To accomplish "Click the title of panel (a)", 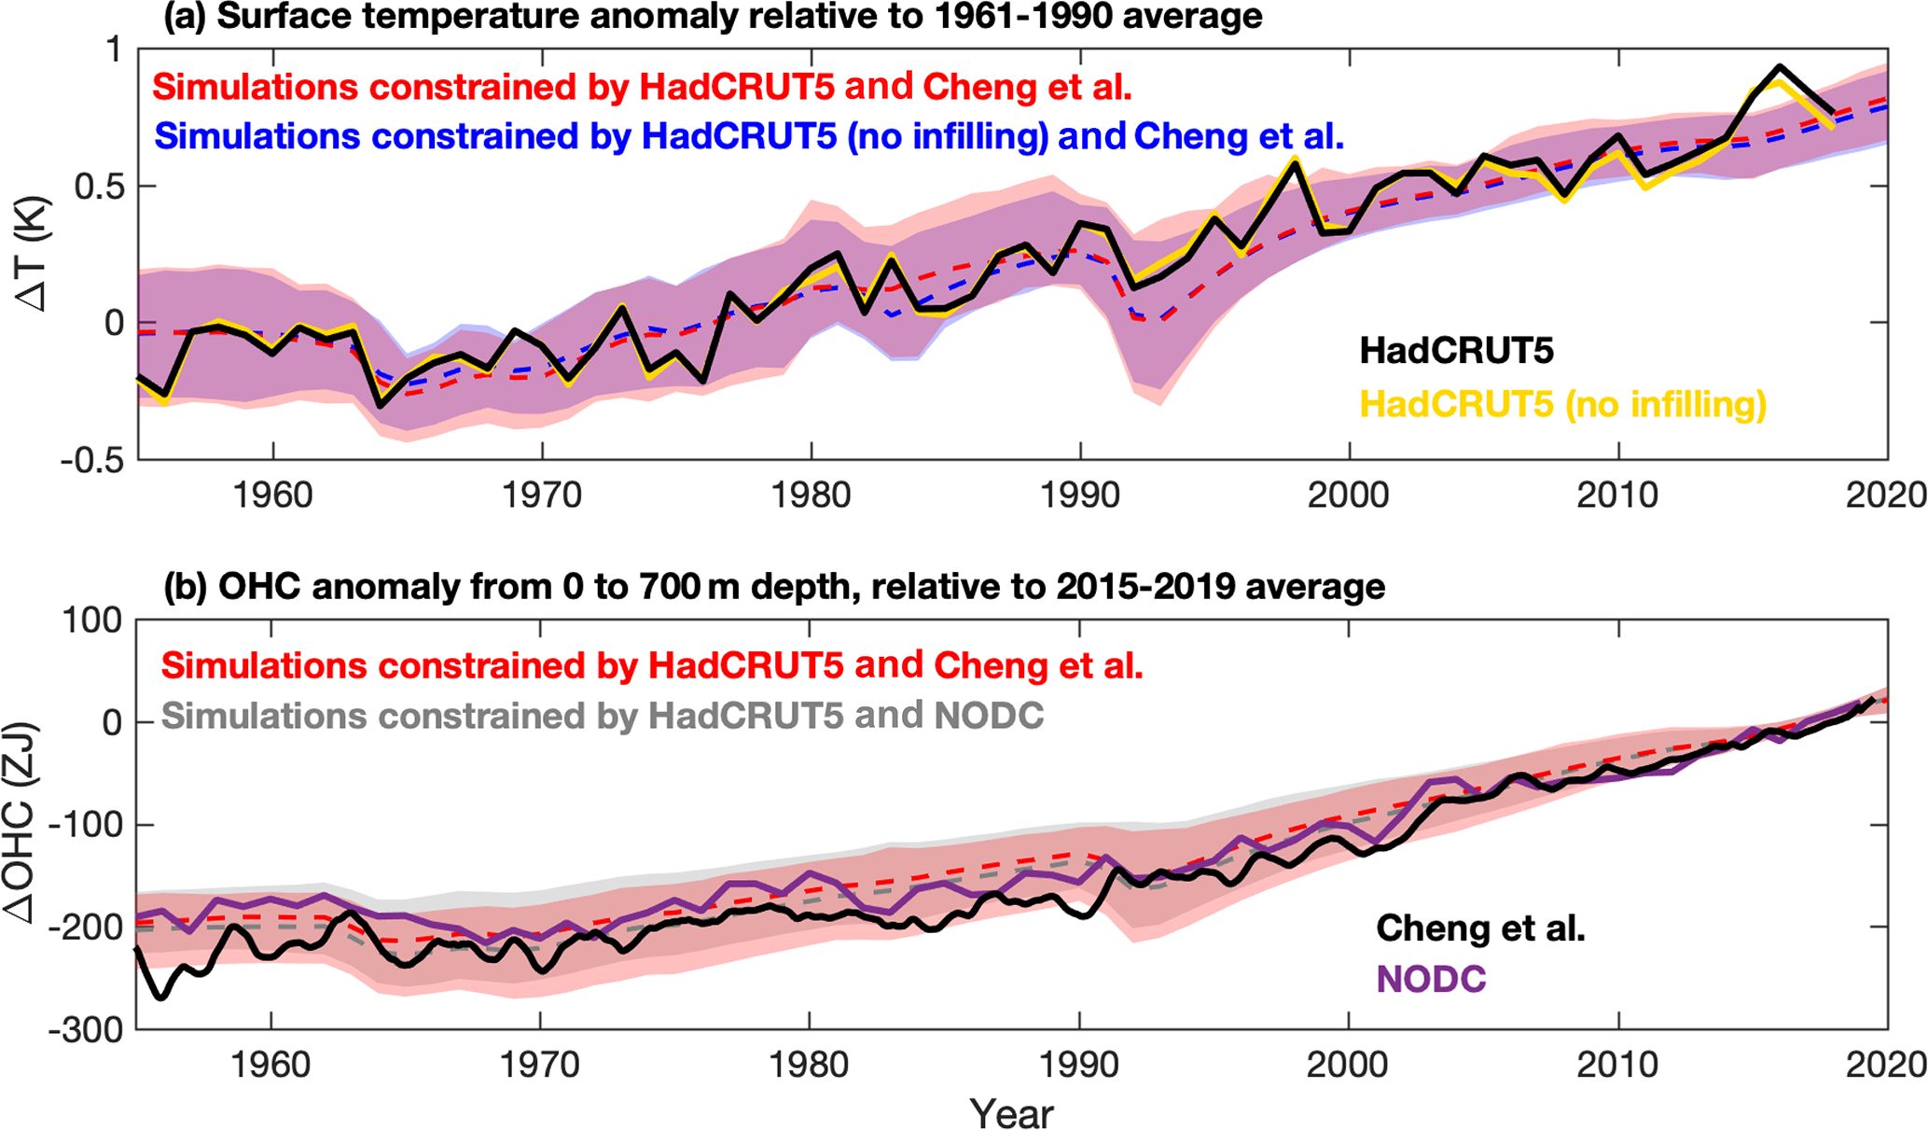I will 713,17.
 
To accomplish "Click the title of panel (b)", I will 774,587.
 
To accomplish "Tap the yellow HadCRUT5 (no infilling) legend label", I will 1562,404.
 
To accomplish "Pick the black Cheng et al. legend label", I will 1480,928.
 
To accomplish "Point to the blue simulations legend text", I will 748,136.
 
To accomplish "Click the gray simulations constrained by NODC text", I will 603,716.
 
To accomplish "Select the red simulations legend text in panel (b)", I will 651,665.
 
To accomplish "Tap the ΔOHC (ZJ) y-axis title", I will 21,823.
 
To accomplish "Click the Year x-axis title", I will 1011,1113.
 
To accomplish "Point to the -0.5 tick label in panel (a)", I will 91,460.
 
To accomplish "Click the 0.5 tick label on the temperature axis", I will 99,187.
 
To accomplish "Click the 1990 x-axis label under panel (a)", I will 1080,495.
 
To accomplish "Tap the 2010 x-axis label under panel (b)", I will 1617,1065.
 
